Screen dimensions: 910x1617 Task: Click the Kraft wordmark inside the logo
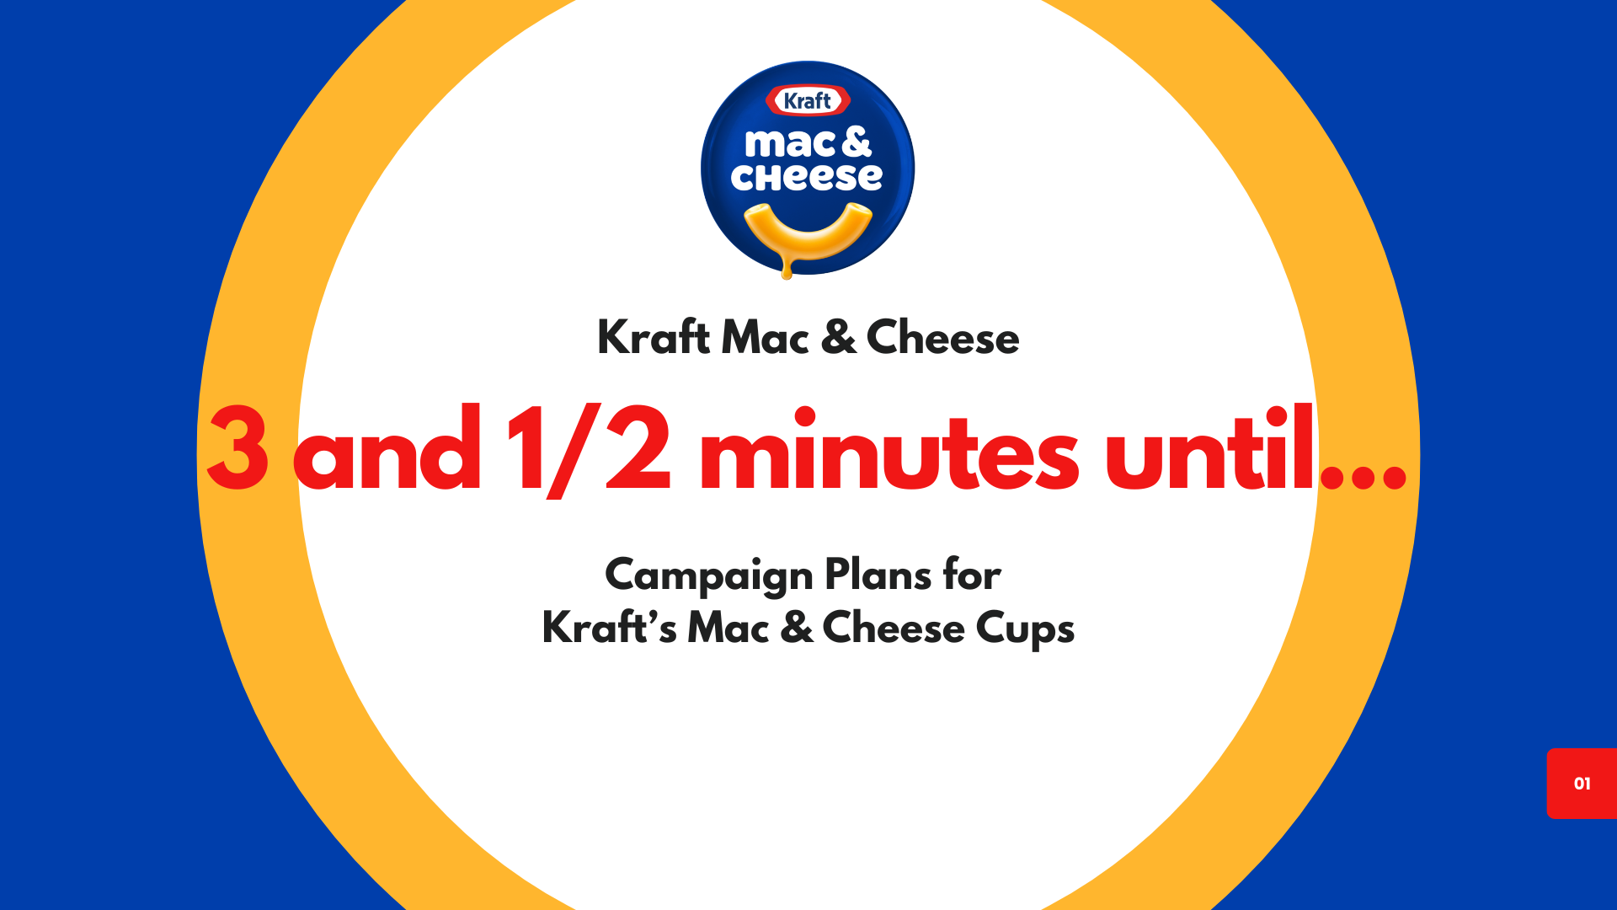click(x=808, y=101)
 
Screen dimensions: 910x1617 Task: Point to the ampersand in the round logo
click(x=856, y=142)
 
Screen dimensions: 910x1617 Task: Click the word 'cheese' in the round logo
click(x=807, y=177)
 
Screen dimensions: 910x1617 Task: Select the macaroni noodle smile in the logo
click(x=808, y=231)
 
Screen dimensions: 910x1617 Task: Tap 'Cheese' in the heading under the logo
click(x=942, y=338)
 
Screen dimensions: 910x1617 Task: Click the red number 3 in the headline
click(x=237, y=450)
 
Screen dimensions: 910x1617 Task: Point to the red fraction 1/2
click(x=588, y=450)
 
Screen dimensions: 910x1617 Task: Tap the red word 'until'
click(x=1209, y=450)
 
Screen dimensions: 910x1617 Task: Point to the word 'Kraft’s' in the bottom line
click(x=608, y=629)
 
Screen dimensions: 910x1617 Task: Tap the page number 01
click(x=1582, y=784)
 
